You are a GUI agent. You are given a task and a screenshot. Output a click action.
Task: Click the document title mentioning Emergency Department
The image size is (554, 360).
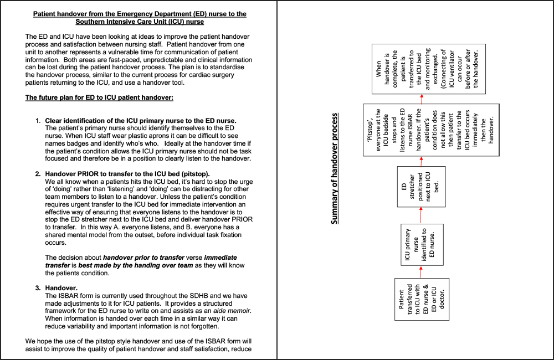[x=139, y=17]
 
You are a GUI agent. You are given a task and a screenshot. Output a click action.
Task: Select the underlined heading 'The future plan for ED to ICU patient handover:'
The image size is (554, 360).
[x=100, y=98]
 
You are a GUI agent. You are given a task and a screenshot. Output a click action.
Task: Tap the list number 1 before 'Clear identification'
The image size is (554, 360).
[x=38, y=121]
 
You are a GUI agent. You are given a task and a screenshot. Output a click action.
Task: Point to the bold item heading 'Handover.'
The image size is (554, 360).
[x=61, y=288]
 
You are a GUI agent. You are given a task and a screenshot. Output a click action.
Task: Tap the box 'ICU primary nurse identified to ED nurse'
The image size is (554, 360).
[x=420, y=245]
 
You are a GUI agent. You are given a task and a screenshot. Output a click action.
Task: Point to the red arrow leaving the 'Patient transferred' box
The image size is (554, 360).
[x=420, y=272]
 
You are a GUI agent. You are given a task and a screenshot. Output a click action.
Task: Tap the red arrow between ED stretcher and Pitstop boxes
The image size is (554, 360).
[x=420, y=162]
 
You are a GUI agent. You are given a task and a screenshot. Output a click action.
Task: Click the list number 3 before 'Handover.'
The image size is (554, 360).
[x=38, y=288]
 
